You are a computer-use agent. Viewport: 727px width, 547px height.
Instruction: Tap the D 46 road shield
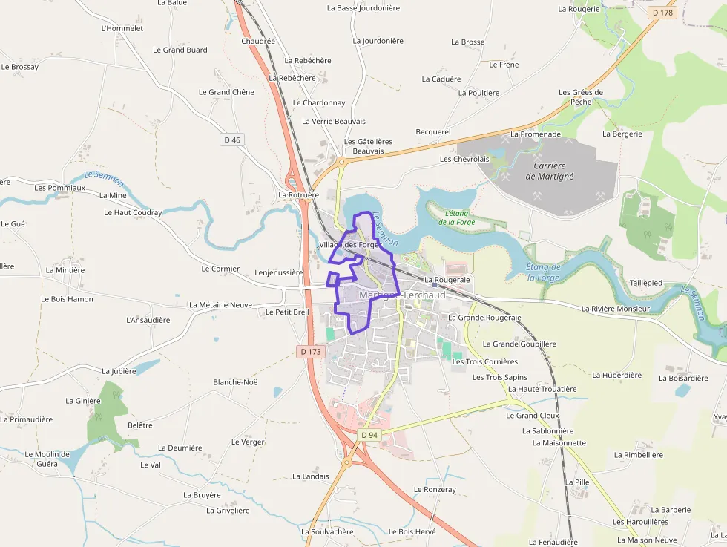pyautogui.click(x=232, y=140)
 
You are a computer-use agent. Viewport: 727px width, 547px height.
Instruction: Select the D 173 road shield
pyautogui.click(x=312, y=352)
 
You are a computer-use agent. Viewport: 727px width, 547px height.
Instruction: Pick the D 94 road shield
pyautogui.click(x=369, y=434)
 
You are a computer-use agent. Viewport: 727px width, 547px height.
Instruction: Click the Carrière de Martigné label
pyautogui.click(x=550, y=171)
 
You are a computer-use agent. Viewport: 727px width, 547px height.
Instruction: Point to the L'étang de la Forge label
pyautogui.click(x=456, y=217)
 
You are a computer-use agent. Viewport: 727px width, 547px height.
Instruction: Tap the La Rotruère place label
pyautogui.click(x=298, y=194)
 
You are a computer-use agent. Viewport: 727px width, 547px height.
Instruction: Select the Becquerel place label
pyautogui.click(x=433, y=131)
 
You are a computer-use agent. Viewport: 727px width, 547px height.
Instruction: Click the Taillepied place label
pyautogui.click(x=645, y=283)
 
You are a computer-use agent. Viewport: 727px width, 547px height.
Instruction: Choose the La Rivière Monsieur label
pyautogui.click(x=615, y=308)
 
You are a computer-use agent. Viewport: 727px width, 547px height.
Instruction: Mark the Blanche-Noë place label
pyautogui.click(x=235, y=382)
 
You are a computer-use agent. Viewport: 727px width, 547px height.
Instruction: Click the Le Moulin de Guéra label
pyautogui.click(x=47, y=459)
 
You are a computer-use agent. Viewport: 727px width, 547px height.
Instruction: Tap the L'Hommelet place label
pyautogui.click(x=122, y=28)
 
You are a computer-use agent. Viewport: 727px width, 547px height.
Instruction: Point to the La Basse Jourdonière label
pyautogui.click(x=363, y=8)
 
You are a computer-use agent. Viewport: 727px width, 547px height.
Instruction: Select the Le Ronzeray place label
pyautogui.click(x=435, y=489)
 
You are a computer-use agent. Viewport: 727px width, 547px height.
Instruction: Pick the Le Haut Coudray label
pyautogui.click(x=133, y=212)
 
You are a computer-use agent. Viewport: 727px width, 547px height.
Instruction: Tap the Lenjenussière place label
pyautogui.click(x=278, y=272)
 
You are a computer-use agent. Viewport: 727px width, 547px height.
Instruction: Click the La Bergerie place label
pyautogui.click(x=622, y=134)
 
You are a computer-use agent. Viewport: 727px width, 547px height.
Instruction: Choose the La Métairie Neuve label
pyautogui.click(x=220, y=304)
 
